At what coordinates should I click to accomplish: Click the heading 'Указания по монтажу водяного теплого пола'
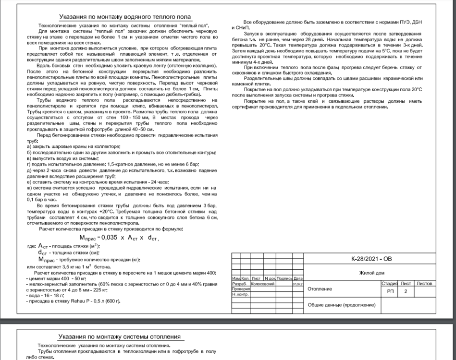[x=124, y=17]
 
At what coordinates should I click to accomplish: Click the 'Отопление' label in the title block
[x=320, y=289]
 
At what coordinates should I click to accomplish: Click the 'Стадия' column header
[x=389, y=284]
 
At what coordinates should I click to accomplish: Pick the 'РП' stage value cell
[x=389, y=291]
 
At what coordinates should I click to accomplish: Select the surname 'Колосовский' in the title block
[x=263, y=284]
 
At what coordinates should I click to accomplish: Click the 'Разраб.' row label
[x=239, y=284]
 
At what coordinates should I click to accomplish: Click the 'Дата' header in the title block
[x=298, y=278]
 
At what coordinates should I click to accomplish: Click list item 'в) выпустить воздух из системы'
[x=63, y=158]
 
